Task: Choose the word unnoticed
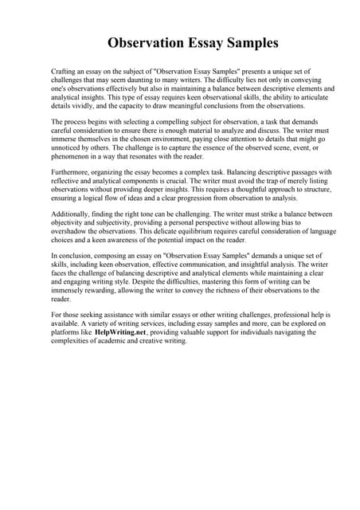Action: pos(70,147)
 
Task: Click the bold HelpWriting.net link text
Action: pos(121,333)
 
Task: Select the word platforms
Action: pos(68,333)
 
